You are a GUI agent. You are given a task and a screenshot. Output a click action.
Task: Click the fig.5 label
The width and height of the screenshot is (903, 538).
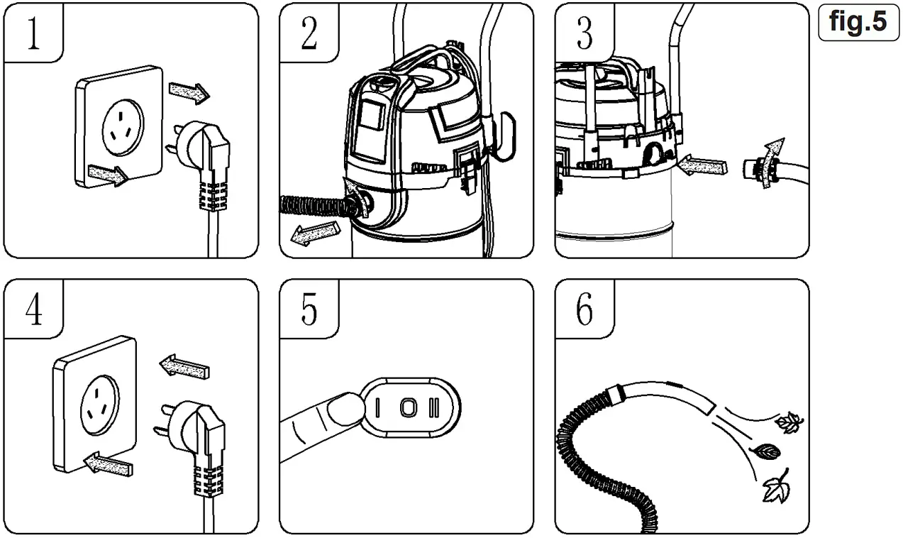coord(858,23)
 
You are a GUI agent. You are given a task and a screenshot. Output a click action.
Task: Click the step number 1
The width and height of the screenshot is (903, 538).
coord(33,33)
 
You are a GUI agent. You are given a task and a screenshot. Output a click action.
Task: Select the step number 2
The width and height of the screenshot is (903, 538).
coord(309,33)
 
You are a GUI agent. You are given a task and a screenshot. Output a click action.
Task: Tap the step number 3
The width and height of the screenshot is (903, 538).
coord(584,33)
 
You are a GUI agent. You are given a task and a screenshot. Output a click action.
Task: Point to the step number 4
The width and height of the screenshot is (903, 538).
coord(33,309)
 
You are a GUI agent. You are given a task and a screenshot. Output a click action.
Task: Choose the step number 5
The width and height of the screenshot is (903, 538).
coord(309,309)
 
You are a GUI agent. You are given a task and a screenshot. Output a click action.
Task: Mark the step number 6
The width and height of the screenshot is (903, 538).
coord(584,309)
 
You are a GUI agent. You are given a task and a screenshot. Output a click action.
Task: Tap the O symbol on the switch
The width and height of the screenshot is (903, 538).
coord(406,408)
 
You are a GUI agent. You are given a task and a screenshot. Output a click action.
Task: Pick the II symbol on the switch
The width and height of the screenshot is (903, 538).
coord(434,408)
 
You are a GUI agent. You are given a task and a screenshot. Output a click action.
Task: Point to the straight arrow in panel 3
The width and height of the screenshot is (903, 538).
coord(702,167)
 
